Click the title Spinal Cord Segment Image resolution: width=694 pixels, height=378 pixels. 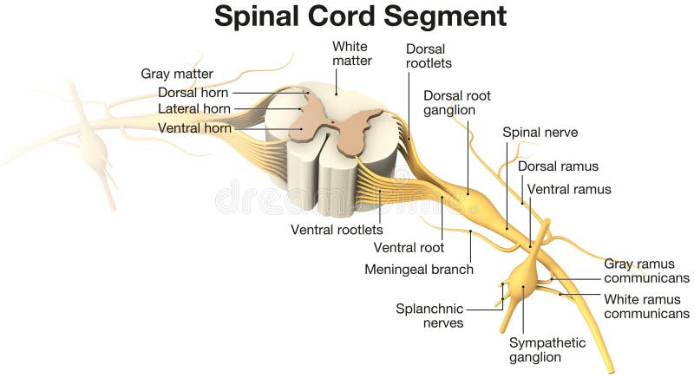360,16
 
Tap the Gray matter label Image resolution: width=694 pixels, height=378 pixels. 177,74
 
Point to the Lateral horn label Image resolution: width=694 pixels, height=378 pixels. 194,109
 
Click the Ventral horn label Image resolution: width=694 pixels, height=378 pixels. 194,127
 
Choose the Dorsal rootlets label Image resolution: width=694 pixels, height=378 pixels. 429,55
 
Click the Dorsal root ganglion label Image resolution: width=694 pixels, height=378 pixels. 456,102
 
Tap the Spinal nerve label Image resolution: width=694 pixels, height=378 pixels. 540,133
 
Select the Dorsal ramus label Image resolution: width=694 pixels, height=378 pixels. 558,166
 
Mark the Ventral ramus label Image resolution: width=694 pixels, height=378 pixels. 569,189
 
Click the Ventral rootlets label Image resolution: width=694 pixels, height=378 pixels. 337,230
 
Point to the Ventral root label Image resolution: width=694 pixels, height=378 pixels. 409,248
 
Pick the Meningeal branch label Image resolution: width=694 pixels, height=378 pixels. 419,269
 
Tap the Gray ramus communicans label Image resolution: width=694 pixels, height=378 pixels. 647,270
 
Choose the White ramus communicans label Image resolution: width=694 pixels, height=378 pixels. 647,306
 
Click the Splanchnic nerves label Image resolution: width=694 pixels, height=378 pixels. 429,316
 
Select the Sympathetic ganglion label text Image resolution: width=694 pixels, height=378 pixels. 547,349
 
